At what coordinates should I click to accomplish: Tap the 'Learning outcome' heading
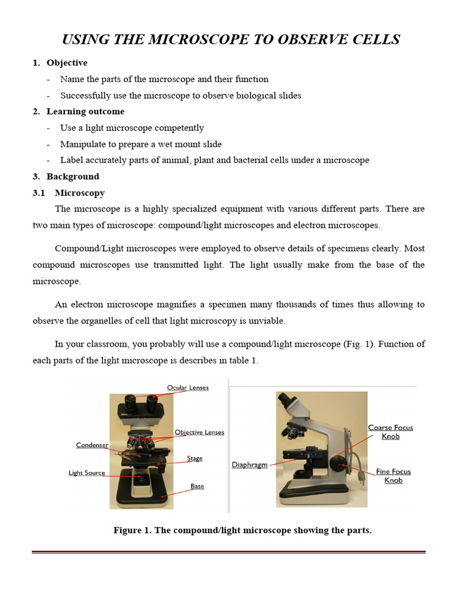pos(85,111)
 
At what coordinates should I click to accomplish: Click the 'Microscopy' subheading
pos(80,193)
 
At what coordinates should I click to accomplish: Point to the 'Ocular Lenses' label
pos(188,388)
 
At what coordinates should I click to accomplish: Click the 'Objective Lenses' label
pos(199,432)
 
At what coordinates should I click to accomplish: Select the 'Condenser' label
pos(92,445)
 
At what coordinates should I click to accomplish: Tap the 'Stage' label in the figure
pos(195,459)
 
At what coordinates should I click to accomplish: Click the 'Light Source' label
pos(87,473)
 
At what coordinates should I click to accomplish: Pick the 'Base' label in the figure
pos(197,486)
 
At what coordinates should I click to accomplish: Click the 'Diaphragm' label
pos(249,465)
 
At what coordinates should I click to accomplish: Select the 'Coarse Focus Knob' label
pos(390,432)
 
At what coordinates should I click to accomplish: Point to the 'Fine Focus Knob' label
pos(393,476)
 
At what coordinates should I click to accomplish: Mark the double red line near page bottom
pos(228,553)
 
